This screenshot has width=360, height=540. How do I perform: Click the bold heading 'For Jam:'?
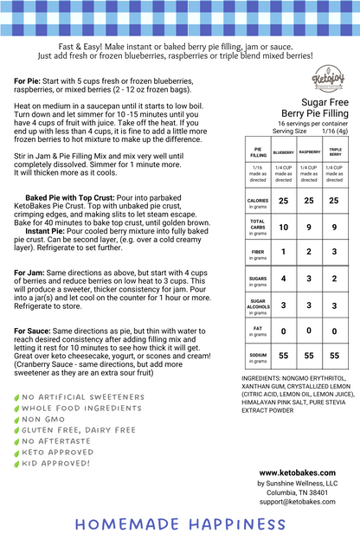(x=33, y=248)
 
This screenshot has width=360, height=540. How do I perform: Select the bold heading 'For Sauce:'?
(x=38, y=307)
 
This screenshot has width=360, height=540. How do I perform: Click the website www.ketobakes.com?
(x=304, y=472)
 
